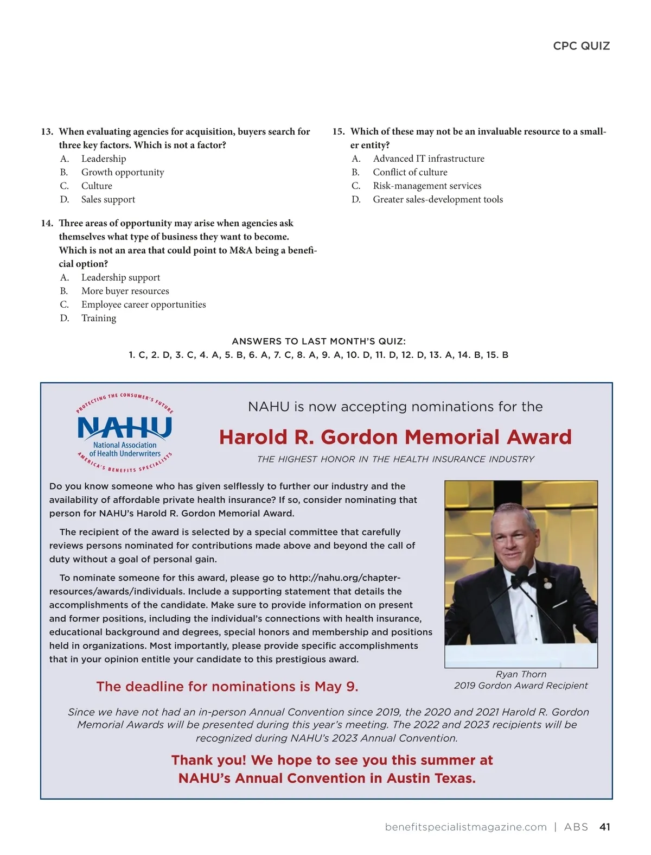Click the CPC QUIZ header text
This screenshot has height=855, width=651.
pos(581,46)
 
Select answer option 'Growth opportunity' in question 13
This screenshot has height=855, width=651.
pos(122,172)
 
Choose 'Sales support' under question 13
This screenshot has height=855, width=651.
pos(108,199)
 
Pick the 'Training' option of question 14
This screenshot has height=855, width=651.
pos(98,318)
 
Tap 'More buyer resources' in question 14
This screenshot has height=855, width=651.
pos(125,291)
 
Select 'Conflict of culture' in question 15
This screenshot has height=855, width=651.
pos(410,172)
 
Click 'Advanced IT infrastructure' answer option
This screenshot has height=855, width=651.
pos(428,159)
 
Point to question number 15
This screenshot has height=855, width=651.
pos(338,131)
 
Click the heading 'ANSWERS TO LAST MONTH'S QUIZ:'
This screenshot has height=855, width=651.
pos(318,341)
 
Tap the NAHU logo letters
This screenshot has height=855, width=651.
pos(124,428)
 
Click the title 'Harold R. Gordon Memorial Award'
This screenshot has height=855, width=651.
pos(395,437)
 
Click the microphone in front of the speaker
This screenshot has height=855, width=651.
pos(521,573)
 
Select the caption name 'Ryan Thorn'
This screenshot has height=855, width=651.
pos(521,674)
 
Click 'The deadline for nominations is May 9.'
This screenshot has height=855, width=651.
pos(227,687)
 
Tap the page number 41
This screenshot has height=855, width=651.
pos(604,827)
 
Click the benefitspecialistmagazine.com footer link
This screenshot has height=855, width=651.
pos(465,827)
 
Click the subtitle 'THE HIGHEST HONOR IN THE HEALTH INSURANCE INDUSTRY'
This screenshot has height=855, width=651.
pos(395,459)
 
